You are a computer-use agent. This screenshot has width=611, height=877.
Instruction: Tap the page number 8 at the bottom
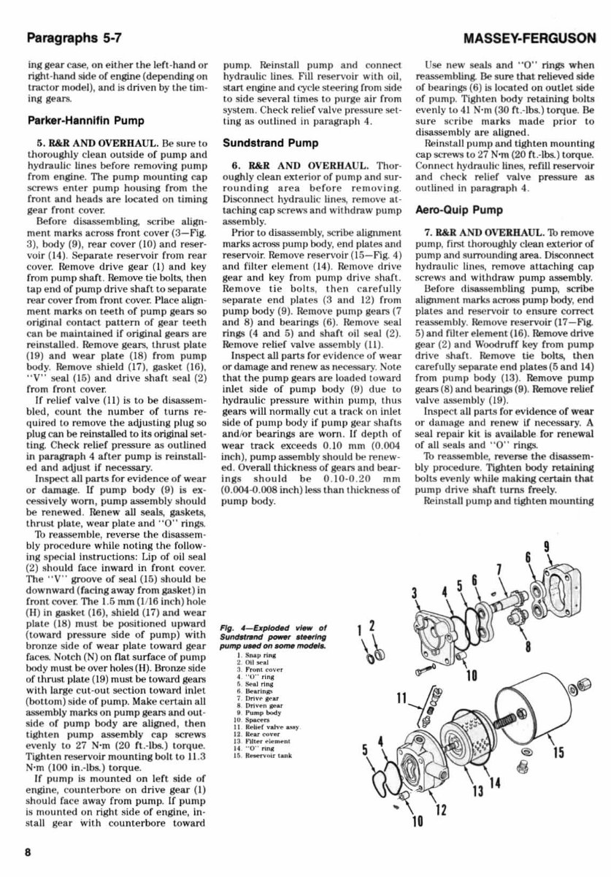point(27,852)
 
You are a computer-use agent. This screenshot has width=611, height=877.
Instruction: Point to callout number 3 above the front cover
point(414,593)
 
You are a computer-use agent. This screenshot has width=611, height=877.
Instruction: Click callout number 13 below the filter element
point(477,791)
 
